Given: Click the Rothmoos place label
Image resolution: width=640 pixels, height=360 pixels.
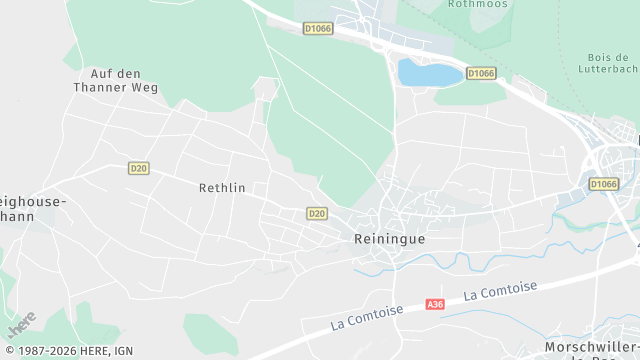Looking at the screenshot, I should (x=479, y=4).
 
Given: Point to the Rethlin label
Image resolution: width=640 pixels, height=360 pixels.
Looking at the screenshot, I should (x=222, y=187).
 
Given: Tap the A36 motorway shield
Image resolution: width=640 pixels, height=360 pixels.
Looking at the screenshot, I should (x=434, y=304).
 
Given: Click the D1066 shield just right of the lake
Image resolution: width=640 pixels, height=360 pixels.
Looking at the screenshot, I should (x=481, y=74).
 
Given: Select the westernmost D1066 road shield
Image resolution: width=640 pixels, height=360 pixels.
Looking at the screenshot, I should (x=318, y=29).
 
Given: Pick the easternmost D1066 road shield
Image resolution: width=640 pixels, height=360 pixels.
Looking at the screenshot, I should (x=604, y=184).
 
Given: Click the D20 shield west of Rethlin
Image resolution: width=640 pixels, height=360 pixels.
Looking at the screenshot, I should (x=138, y=168).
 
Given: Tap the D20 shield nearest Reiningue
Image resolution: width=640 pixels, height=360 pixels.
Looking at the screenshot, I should (x=317, y=213).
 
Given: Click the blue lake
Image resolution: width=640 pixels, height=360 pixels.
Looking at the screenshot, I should (x=430, y=72).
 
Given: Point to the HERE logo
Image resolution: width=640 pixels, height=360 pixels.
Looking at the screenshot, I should (x=21, y=324).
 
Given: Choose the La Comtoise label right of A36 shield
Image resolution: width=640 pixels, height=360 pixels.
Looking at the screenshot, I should (x=501, y=290).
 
